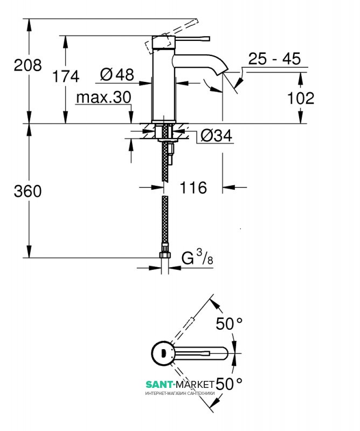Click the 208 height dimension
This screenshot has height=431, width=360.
click(28, 65)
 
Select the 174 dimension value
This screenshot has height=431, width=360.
click(66, 76)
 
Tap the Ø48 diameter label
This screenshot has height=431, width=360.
click(117, 74)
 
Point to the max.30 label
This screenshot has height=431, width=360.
click(103, 98)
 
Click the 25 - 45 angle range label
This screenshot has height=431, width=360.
click(274, 59)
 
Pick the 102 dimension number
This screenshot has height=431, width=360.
click(301, 99)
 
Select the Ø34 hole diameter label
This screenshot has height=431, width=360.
click(217, 136)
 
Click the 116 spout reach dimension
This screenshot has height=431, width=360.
click(193, 187)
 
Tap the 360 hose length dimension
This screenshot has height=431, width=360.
click(28, 191)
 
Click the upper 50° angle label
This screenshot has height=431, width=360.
click(229, 323)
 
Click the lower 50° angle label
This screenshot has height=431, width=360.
click(229, 384)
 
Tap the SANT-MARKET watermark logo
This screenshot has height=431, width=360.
click(180, 384)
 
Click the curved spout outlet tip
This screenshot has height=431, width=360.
click(222, 72)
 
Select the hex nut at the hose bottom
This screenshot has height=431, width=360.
click(165, 254)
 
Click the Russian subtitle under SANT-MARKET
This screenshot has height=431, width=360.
click(180, 393)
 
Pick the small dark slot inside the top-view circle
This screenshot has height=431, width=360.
click(164, 353)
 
